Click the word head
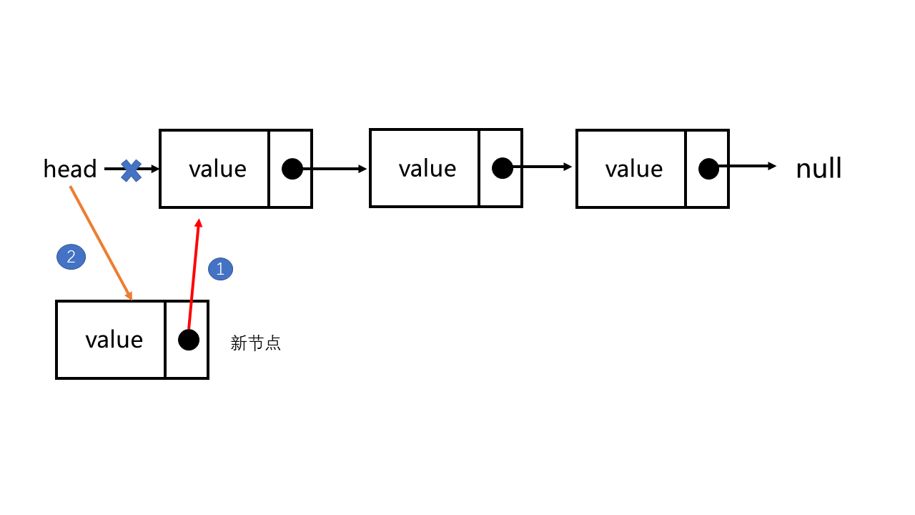pos(70,170)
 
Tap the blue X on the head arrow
pos(131,170)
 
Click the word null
pos(818,169)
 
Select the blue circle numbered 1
pos(220,269)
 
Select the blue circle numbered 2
pos(71,257)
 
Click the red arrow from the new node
pos(193,279)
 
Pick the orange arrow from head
pos(101,243)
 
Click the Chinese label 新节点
pos(256,343)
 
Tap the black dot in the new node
pos(189,340)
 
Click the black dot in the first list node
pos(292,169)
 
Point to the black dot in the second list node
pos(503,168)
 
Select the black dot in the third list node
pos(708,169)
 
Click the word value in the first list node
pos(217,169)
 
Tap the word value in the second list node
pos(427,168)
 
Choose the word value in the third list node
pos(634,169)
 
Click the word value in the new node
pos(114,339)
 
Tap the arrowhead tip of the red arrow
pos(199,221)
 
